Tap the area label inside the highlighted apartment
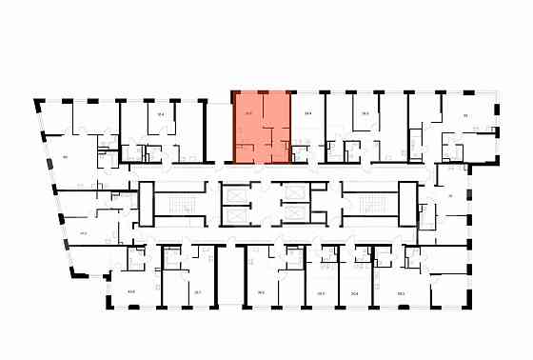248,114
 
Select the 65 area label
465,115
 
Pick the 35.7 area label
197,292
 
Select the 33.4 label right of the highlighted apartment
307,114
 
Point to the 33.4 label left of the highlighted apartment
161,114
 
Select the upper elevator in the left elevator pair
235,190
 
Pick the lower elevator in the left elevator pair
235,218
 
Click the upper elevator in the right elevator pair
295,190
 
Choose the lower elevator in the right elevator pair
295,218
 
